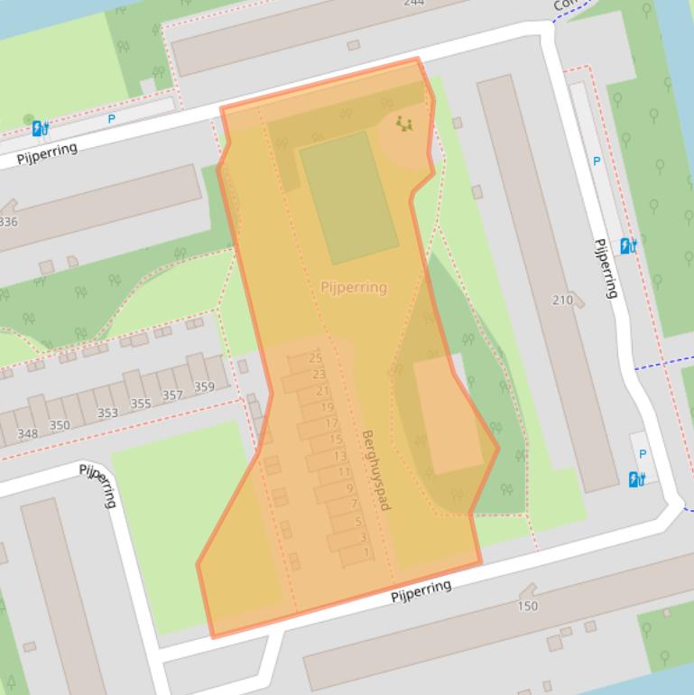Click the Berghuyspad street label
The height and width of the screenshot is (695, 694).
coord(375,470)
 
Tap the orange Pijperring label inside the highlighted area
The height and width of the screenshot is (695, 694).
coord(354,287)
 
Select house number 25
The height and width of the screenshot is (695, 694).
coord(315,358)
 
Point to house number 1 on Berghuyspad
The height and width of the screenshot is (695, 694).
coord(366,552)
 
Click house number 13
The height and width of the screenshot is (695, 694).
coord(339,457)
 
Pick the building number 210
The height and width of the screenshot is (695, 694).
coord(562,300)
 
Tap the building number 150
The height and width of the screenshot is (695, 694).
coord(528,607)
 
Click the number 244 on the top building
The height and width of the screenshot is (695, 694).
coord(413,3)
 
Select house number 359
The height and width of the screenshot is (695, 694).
coord(204,387)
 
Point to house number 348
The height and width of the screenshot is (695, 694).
coord(28,433)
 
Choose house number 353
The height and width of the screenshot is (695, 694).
coord(107,412)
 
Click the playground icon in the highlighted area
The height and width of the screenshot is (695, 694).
coord(403,124)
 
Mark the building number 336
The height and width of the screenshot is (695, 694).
coord(7,222)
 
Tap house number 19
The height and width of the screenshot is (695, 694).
coord(327,408)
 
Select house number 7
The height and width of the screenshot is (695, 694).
coord(354,505)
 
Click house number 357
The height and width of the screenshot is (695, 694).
coord(172,395)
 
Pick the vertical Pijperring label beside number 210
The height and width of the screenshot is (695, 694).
coord(606,268)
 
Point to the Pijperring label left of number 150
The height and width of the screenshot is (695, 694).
coord(421,591)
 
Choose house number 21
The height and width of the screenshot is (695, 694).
coord(323,391)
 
